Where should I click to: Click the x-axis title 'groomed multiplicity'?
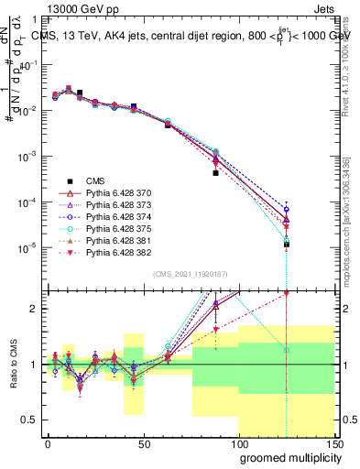click(x=286, y=456)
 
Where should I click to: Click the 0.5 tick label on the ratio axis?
click(x=29, y=420)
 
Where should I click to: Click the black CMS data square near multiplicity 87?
click(x=215, y=172)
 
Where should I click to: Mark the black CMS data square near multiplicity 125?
click(x=287, y=245)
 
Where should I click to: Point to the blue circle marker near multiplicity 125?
click(x=287, y=209)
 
